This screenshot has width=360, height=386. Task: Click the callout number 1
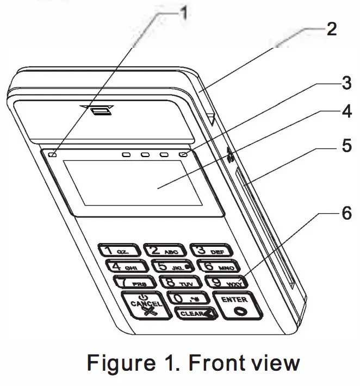(185, 12)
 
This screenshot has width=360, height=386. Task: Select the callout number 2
(331, 29)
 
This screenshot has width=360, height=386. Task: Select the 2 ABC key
(164, 251)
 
